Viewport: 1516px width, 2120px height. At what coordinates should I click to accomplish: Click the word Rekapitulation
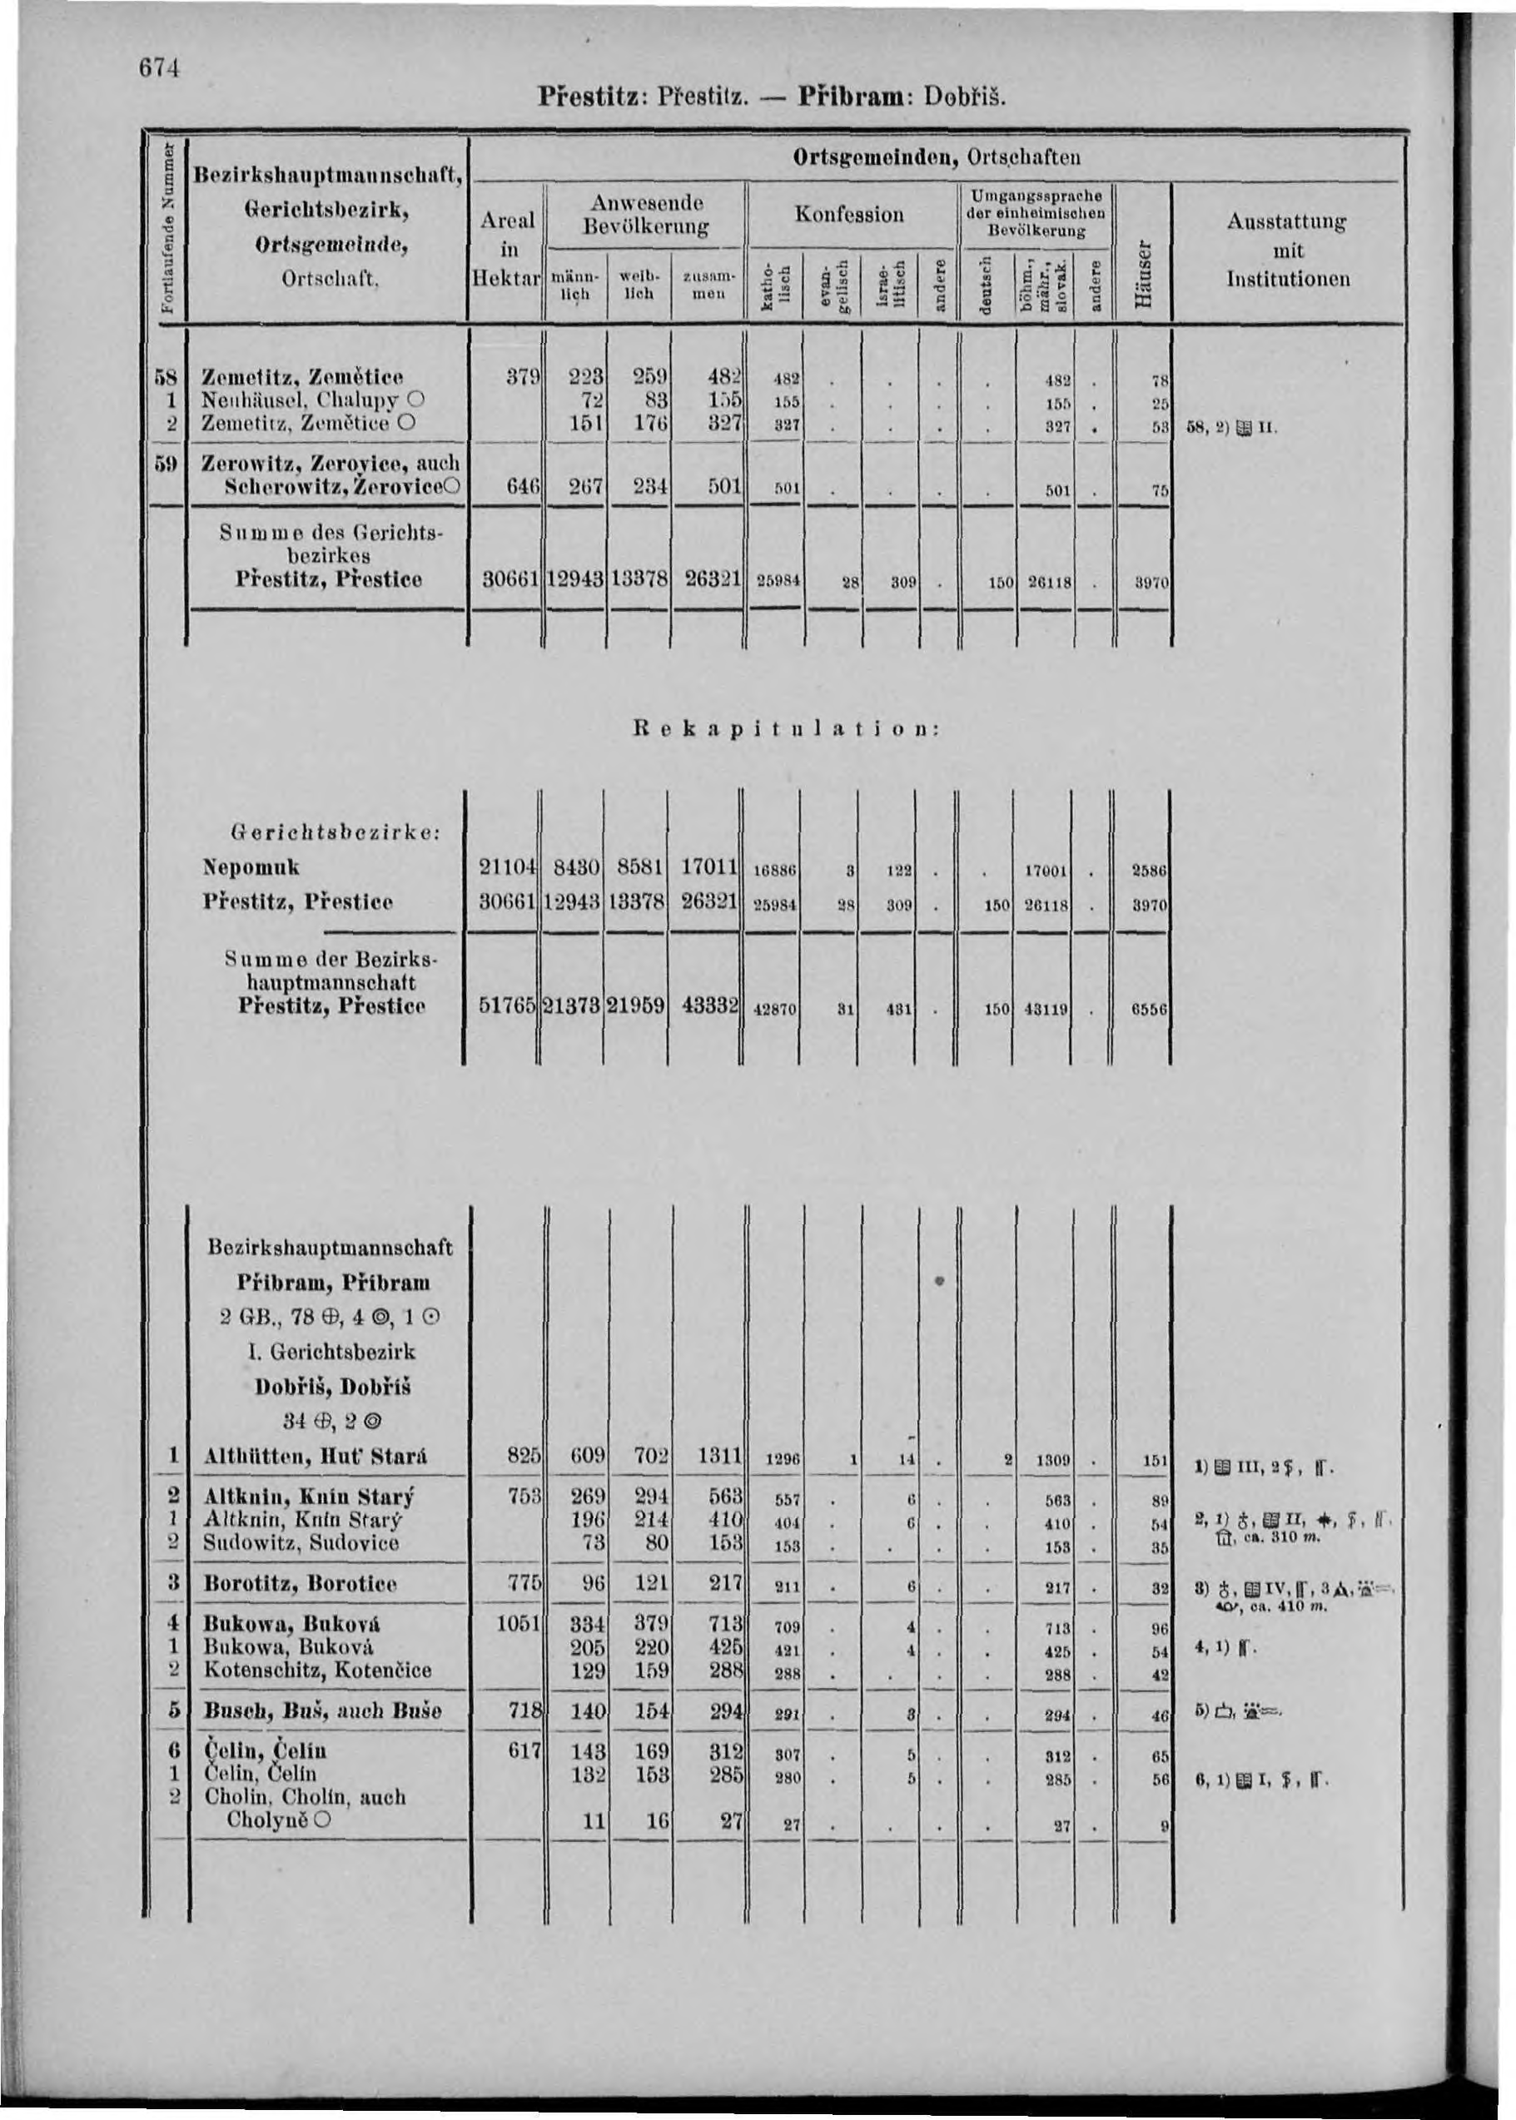coord(783,730)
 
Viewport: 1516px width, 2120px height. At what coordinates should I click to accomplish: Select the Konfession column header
coord(848,215)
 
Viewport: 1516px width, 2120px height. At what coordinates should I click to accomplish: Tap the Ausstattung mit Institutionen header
coord(1287,250)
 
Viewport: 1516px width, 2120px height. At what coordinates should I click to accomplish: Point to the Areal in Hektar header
coord(507,248)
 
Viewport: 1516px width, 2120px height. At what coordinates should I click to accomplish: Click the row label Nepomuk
coord(251,866)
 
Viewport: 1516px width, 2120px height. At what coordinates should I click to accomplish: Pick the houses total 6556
coord(1149,1009)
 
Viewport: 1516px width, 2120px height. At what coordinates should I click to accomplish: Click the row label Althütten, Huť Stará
coord(315,1456)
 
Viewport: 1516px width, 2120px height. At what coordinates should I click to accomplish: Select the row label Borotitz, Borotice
coord(300,1583)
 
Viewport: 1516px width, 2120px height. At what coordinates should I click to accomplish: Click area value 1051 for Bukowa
coord(519,1622)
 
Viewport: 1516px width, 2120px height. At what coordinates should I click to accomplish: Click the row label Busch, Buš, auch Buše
coord(322,1710)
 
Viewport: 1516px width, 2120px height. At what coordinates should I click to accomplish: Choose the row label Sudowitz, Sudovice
coord(301,1542)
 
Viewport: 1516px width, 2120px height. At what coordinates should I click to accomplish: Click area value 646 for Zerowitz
coord(524,485)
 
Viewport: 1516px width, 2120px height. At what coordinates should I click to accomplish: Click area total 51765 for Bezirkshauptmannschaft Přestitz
coord(507,1005)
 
